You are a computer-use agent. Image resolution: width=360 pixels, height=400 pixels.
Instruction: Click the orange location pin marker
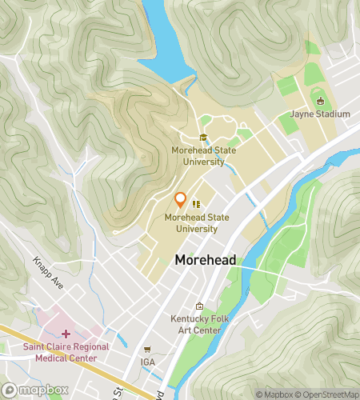coord(181,200)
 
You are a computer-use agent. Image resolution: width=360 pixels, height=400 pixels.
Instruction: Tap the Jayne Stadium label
coord(320,114)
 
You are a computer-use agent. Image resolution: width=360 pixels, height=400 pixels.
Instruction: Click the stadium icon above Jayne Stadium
coord(321,102)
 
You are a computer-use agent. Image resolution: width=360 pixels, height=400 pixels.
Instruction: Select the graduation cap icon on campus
coord(203,137)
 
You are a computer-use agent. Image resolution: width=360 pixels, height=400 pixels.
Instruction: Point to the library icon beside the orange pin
coord(196,204)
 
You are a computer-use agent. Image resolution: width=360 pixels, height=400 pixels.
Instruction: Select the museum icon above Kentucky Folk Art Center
coord(200,306)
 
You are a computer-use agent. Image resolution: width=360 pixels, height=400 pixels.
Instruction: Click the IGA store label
coord(146,362)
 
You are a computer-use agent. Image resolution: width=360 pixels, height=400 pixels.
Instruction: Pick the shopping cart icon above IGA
coord(146,350)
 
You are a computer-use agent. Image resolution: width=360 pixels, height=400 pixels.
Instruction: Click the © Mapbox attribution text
coord(277,394)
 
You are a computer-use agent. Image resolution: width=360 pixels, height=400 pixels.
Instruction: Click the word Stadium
coord(332,114)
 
